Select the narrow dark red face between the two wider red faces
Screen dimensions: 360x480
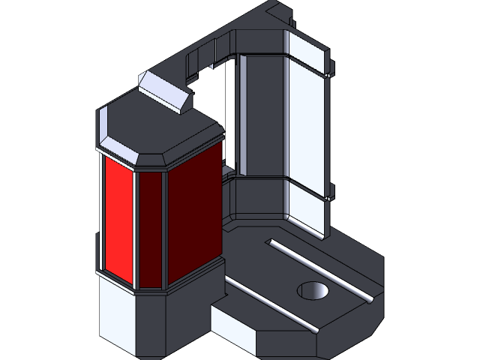click(151, 229)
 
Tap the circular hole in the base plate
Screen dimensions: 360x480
click(313, 290)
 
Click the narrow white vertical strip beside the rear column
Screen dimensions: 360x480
click(241, 112)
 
